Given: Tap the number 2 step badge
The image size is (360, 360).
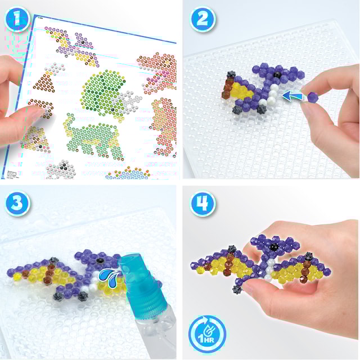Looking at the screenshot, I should pyautogui.click(x=202, y=21).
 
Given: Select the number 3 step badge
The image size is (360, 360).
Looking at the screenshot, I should pyautogui.click(x=19, y=204).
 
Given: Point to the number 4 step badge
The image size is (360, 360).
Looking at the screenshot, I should pyautogui.click(x=202, y=204).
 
